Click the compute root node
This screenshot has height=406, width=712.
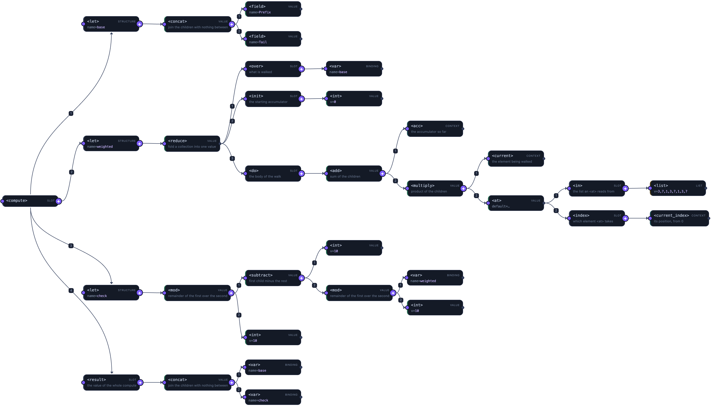click(30, 201)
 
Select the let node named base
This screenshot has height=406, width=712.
click(111, 24)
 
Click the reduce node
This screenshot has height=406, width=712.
click(192, 144)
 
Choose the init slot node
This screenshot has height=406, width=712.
click(273, 99)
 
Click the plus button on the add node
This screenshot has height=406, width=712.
click(382, 174)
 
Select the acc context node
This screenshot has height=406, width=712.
click(435, 129)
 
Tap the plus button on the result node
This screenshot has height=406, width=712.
click(140, 383)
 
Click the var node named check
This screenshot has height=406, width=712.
click(273, 397)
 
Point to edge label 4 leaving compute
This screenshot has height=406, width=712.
click(71, 291)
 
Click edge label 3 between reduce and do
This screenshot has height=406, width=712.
click(232, 158)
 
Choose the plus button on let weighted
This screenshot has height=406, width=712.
click(140, 144)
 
